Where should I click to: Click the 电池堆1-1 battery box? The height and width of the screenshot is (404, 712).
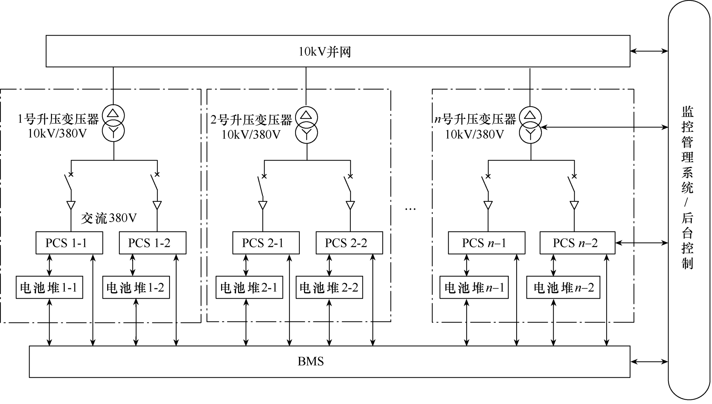[49, 287]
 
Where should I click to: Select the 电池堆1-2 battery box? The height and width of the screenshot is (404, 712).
[136, 287]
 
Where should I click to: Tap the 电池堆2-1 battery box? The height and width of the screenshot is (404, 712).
[249, 287]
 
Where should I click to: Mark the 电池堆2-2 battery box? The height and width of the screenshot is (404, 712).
[329, 287]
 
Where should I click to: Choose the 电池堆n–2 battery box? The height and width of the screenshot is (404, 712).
[563, 287]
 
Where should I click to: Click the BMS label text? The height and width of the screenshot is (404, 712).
[311, 362]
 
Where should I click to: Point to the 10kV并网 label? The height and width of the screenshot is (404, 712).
[325, 52]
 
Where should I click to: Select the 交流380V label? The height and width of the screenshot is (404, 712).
[109, 218]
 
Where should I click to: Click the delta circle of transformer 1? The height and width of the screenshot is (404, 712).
[113, 115]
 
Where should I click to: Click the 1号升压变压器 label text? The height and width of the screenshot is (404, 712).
[58, 119]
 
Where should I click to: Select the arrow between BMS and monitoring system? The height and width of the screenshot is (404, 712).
[649, 362]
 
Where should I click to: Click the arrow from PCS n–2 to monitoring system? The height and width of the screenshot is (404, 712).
[642, 243]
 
